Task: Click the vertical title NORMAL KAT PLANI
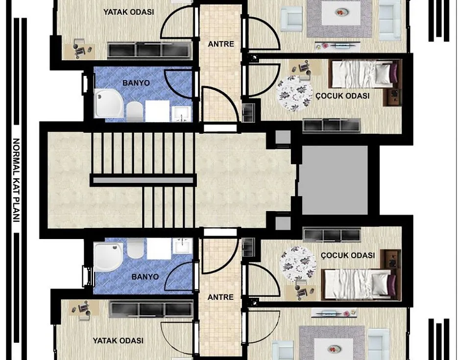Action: (x=16, y=180)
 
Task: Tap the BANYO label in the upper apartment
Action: (x=136, y=83)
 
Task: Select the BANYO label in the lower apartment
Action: (x=145, y=277)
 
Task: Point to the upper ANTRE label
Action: (x=221, y=44)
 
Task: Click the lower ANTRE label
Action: (x=220, y=297)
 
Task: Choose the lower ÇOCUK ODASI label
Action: (x=348, y=255)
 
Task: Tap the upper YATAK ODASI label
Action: (x=129, y=12)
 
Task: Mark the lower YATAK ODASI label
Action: (x=118, y=340)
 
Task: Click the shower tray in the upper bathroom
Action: (x=108, y=103)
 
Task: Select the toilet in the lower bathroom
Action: (x=134, y=248)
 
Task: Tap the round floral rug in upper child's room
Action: (x=295, y=93)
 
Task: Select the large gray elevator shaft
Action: (x=335, y=180)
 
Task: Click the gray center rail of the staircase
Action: (x=143, y=181)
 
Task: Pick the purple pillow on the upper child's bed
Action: (x=393, y=72)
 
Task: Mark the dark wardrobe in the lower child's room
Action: (x=332, y=235)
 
